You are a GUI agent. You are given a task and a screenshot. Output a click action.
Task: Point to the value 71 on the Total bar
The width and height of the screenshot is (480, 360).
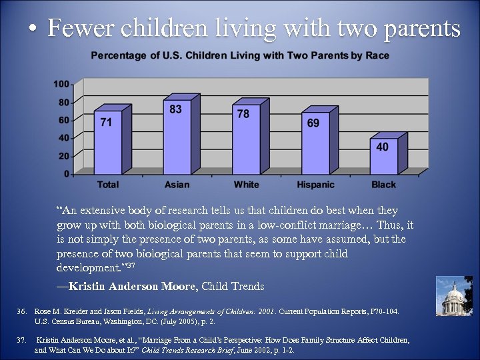[106, 122]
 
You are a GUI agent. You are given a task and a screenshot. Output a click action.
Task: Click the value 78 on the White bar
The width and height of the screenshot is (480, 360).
[243, 114]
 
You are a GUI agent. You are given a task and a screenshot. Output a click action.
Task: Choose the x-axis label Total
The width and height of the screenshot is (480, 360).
[108, 185]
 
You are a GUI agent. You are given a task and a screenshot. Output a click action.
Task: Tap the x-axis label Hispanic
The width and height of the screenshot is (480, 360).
[315, 185]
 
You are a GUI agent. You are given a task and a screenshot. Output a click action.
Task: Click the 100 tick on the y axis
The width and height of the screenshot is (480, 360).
[61, 85]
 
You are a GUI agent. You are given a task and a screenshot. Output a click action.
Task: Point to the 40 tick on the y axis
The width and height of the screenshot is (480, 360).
[64, 138]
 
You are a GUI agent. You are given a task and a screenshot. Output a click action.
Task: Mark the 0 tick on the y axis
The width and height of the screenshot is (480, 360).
[66, 174]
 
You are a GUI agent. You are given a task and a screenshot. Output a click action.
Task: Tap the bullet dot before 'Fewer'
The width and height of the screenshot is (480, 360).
[32, 30]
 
